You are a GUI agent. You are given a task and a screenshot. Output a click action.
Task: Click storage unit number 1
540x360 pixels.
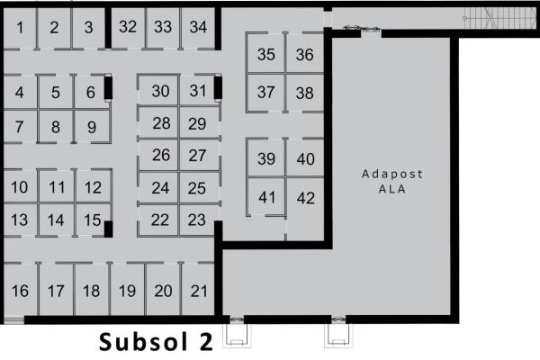tap(20, 28)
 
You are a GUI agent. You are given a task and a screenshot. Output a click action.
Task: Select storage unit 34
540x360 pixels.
tap(198, 28)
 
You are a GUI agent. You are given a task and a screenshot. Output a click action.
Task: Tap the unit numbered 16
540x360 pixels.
tap(20, 290)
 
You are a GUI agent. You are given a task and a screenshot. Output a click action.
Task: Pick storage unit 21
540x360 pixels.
tap(199, 290)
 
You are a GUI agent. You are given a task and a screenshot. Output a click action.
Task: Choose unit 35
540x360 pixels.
tap(265, 54)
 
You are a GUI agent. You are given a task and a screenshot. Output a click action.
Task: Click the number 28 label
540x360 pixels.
tap(161, 123)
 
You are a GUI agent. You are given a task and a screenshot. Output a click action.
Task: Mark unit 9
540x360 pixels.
tap(92, 126)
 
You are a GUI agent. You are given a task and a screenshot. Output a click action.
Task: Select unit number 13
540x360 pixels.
tap(19, 220)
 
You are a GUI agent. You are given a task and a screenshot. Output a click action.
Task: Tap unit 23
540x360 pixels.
tap(197, 220)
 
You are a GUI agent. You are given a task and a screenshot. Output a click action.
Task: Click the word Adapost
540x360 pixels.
tap(391, 174)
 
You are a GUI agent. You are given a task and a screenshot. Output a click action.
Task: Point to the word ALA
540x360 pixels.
tap(391, 189)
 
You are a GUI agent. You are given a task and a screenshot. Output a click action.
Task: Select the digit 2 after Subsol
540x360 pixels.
tap(206, 341)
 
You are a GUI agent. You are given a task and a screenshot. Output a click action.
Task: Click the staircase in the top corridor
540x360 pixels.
tap(499, 18)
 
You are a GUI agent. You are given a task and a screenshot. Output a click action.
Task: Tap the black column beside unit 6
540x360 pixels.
tap(108, 88)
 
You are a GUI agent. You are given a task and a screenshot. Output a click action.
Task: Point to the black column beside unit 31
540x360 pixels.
tap(218, 88)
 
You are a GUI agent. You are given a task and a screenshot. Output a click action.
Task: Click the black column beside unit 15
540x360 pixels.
tap(108, 229)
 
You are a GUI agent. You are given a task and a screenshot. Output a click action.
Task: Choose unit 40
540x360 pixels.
tap(305, 158)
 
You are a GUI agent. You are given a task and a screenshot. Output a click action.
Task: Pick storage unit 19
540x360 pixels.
tap(127, 290)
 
